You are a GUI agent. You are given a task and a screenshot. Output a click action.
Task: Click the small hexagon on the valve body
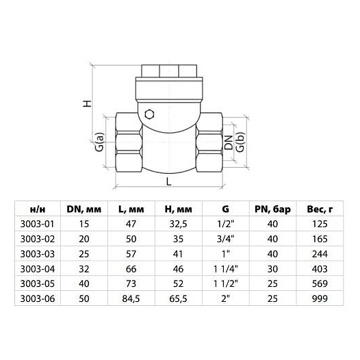pyautogui.click(x=149, y=114)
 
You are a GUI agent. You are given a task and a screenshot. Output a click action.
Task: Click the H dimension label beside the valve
pyautogui.click(x=88, y=103)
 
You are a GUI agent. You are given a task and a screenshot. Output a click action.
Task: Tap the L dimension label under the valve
pyautogui.click(x=169, y=182)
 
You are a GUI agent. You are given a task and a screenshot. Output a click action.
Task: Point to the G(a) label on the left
pyautogui.click(x=100, y=142)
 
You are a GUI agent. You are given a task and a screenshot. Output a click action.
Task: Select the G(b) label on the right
pyautogui.click(x=240, y=142)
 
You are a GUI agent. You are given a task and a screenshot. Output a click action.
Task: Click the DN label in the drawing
pyautogui.click(x=229, y=142)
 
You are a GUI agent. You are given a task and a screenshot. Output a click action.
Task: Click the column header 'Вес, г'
pyautogui.click(x=320, y=209)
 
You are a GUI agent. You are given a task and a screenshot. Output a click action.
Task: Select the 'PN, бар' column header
pyautogui.click(x=272, y=209)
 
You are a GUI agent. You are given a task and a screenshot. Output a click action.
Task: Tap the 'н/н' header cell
pyautogui.click(x=38, y=209)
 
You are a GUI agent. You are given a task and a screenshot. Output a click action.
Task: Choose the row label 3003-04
pyautogui.click(x=38, y=269)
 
